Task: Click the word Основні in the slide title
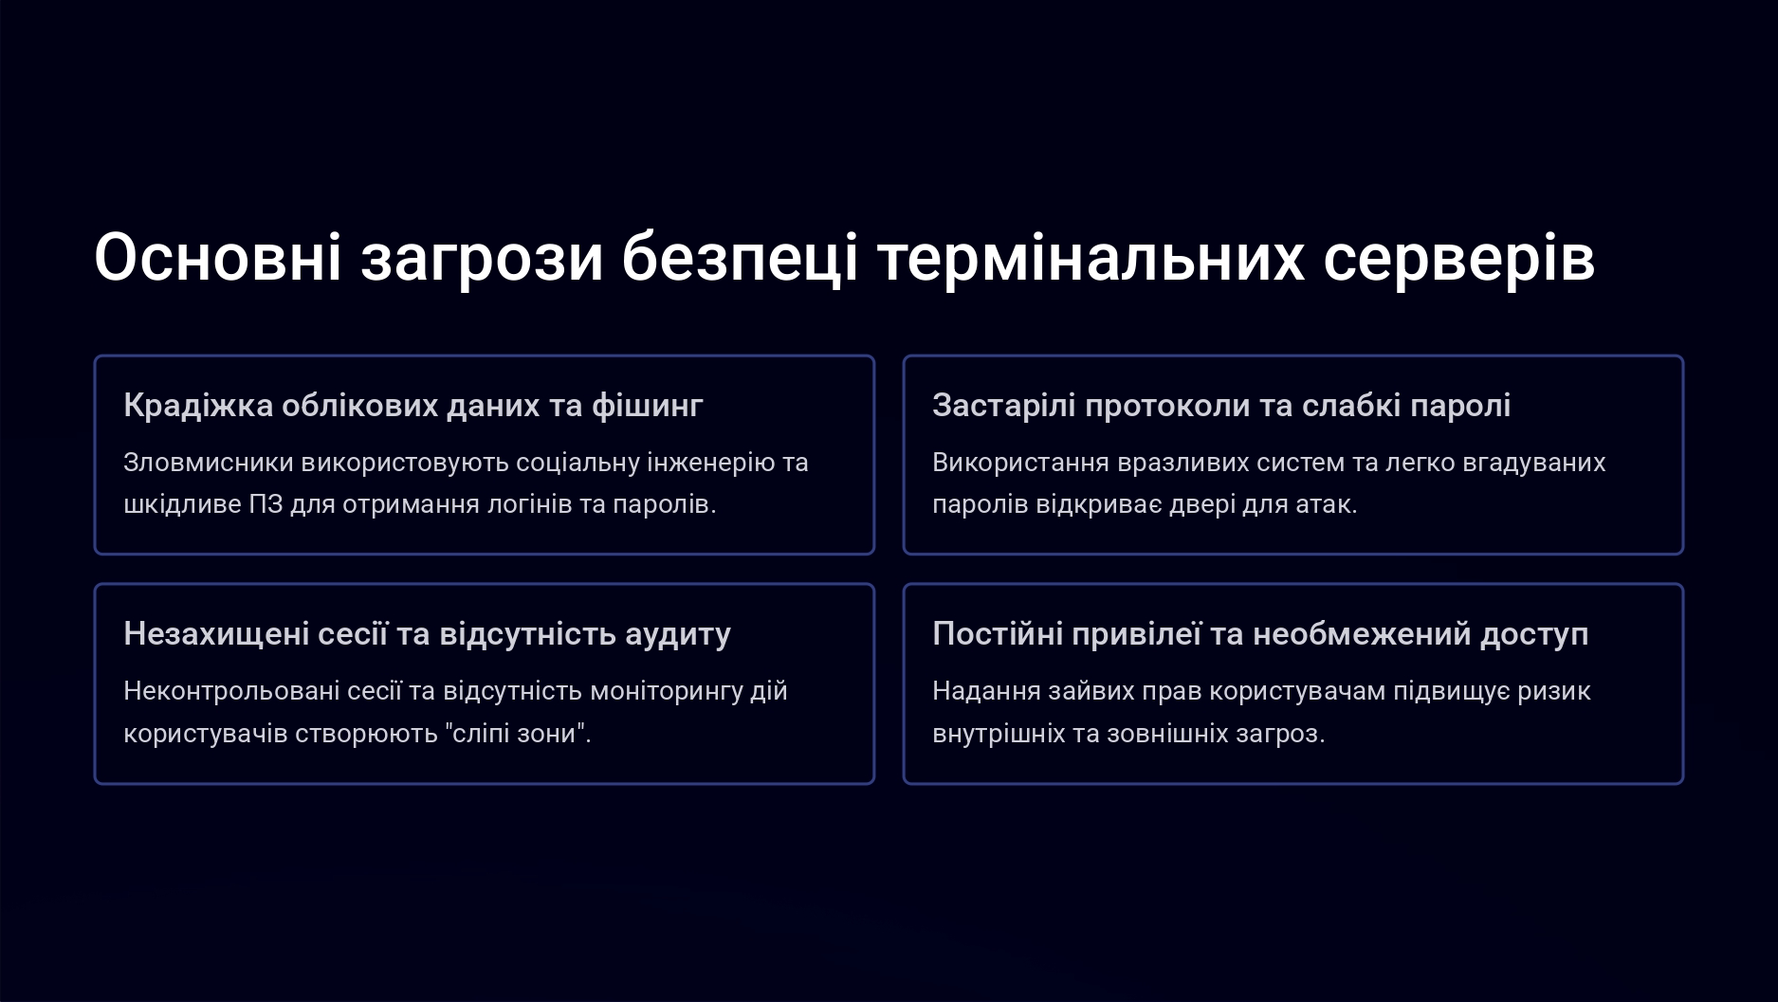pos(218,257)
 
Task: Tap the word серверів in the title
pos(1459,257)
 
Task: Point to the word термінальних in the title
pos(1091,257)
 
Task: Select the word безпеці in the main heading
pos(740,259)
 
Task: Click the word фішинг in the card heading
pos(648,406)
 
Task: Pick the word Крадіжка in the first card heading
pos(198,405)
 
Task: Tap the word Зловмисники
pos(209,463)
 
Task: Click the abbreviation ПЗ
pos(266,504)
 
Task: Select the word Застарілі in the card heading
pos(1004,406)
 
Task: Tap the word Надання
pos(987,691)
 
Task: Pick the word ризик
pos(1554,692)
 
